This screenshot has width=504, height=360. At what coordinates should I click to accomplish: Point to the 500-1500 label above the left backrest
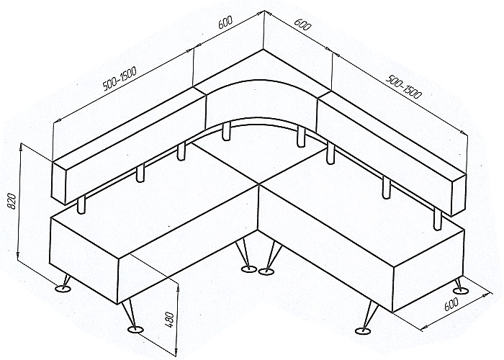pos(120,78)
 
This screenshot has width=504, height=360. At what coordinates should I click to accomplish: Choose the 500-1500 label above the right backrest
pos(403,86)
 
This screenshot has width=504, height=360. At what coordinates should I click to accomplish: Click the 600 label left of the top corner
pos(225,23)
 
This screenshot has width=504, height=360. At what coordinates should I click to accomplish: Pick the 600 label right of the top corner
pos(302,24)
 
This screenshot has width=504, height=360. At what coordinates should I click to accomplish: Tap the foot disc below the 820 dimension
pos(63,289)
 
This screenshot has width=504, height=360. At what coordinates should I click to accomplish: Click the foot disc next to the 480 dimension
pos(135,330)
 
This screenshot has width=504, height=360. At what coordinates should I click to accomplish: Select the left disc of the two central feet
pos(249,269)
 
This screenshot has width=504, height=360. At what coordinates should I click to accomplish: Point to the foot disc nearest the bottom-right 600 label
pos(461,291)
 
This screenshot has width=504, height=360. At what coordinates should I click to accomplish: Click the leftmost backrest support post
pos(81,204)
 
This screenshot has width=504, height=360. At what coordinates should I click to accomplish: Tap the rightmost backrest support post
pos(437,219)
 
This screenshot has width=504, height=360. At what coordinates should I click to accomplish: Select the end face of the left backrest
pos(59,183)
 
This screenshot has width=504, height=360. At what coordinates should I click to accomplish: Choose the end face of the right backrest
pos(459,195)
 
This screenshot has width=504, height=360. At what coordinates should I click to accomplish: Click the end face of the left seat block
pos(84,261)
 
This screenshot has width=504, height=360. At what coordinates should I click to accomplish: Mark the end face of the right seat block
pos(428,270)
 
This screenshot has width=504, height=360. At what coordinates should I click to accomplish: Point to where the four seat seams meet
pos(258,184)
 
